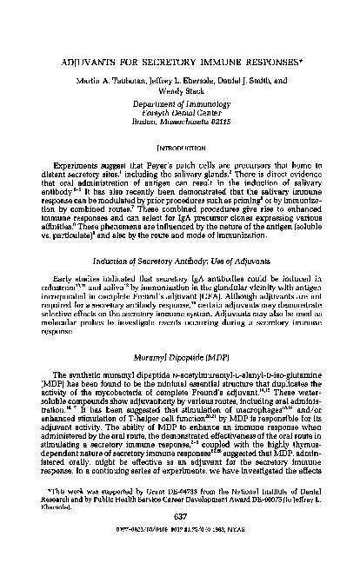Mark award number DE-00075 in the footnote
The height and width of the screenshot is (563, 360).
click(261, 523)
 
